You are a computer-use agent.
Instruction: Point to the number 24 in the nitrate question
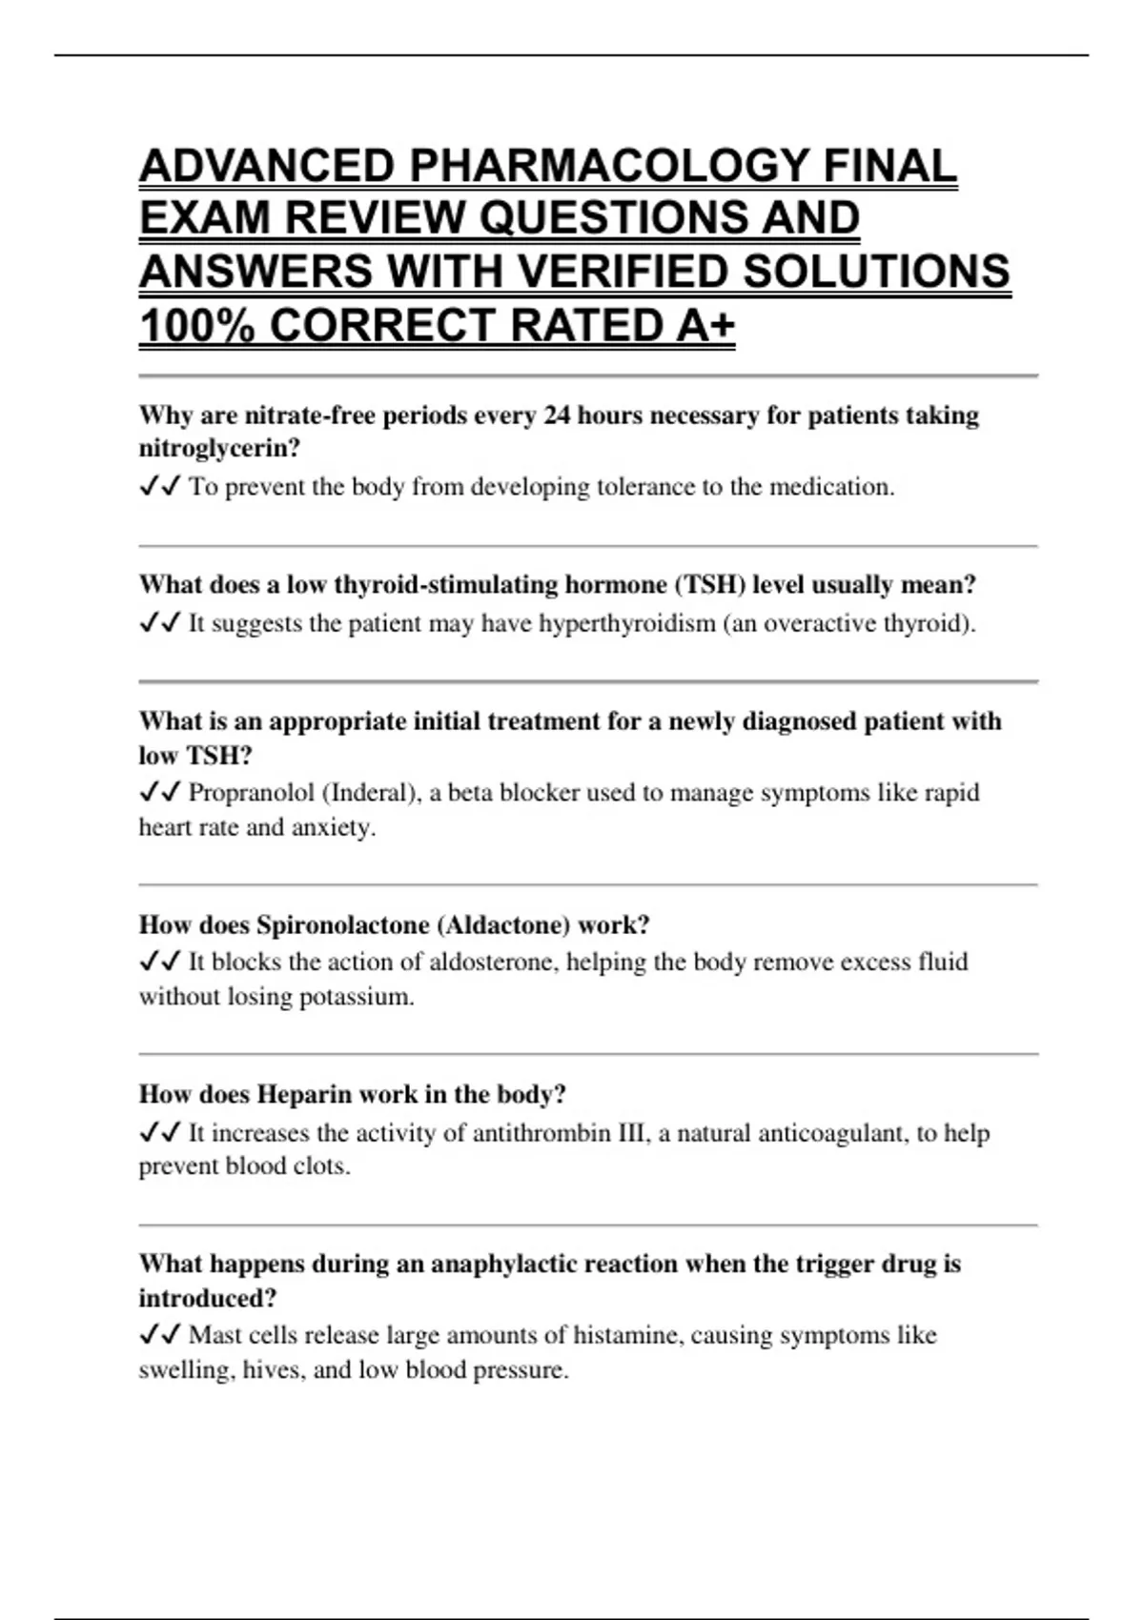click(557, 415)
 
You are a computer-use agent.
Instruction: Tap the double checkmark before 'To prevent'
click(159, 487)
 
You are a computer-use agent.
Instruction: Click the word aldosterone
click(494, 962)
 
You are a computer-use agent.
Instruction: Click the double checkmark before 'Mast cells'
click(159, 1335)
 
